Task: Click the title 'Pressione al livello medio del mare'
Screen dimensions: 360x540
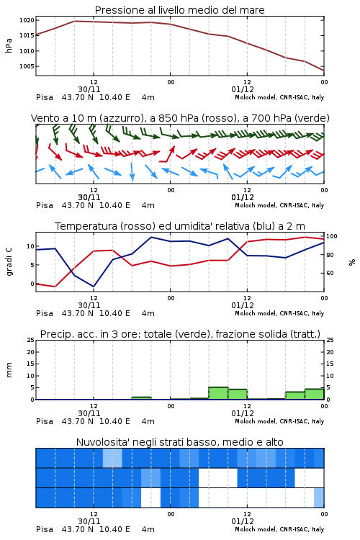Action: coord(179,10)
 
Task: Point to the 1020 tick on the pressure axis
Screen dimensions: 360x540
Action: coord(27,20)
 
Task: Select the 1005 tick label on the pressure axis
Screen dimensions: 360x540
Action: coord(27,66)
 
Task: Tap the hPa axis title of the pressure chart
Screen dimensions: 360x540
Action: coord(9,45)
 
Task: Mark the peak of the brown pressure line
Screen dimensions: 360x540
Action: coord(75,21)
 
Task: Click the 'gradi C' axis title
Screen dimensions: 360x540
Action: coord(9,261)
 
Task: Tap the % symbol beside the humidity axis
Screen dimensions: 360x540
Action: coord(352,262)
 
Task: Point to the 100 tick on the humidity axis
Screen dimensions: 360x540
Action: coord(332,236)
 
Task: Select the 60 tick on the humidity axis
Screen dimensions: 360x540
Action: coord(330,273)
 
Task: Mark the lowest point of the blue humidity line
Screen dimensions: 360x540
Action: coord(94,287)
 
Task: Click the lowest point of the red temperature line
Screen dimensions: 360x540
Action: coord(55,287)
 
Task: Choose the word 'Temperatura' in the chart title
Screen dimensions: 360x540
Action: coord(86,226)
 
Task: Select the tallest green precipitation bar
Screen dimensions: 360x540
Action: coord(218,393)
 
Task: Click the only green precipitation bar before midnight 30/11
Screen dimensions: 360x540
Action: coord(142,398)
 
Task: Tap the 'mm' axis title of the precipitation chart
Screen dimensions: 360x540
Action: coord(9,370)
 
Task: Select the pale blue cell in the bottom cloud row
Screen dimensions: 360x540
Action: coord(319,498)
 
